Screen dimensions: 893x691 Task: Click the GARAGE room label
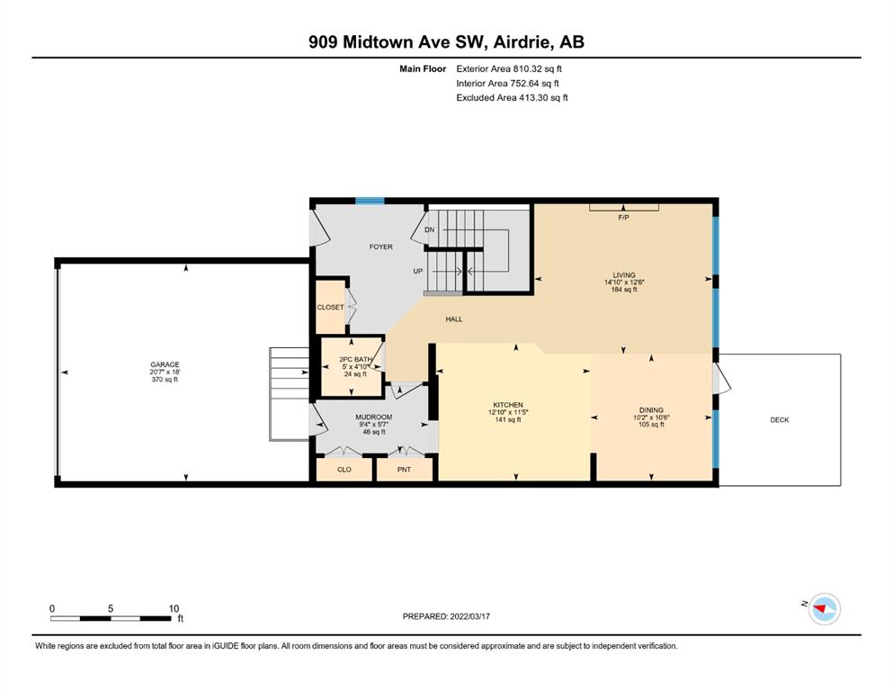(x=165, y=364)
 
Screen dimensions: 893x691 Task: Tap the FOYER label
(x=381, y=247)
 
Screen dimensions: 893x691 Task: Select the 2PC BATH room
(x=352, y=367)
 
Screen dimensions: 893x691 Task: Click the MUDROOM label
(x=373, y=417)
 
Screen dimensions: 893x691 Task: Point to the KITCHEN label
(x=508, y=405)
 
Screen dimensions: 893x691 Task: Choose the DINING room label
(x=651, y=410)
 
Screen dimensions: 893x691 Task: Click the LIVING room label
(x=624, y=275)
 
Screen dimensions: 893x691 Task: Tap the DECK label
(x=780, y=420)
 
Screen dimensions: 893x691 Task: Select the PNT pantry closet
(x=405, y=470)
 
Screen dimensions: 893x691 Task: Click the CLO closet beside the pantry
(x=344, y=470)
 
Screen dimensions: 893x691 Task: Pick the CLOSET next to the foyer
(x=330, y=307)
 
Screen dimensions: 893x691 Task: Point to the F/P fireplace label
(x=623, y=218)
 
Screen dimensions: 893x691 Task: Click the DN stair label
(x=430, y=229)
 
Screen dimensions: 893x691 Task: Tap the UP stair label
(x=418, y=271)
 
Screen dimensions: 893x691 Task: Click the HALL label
(x=454, y=319)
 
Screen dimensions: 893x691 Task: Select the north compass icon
(x=824, y=609)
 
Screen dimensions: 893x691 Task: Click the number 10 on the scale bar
(x=174, y=608)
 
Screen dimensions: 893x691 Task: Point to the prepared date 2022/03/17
(x=469, y=616)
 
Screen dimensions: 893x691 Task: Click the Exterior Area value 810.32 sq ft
(x=537, y=69)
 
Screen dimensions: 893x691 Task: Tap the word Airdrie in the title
(x=522, y=42)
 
